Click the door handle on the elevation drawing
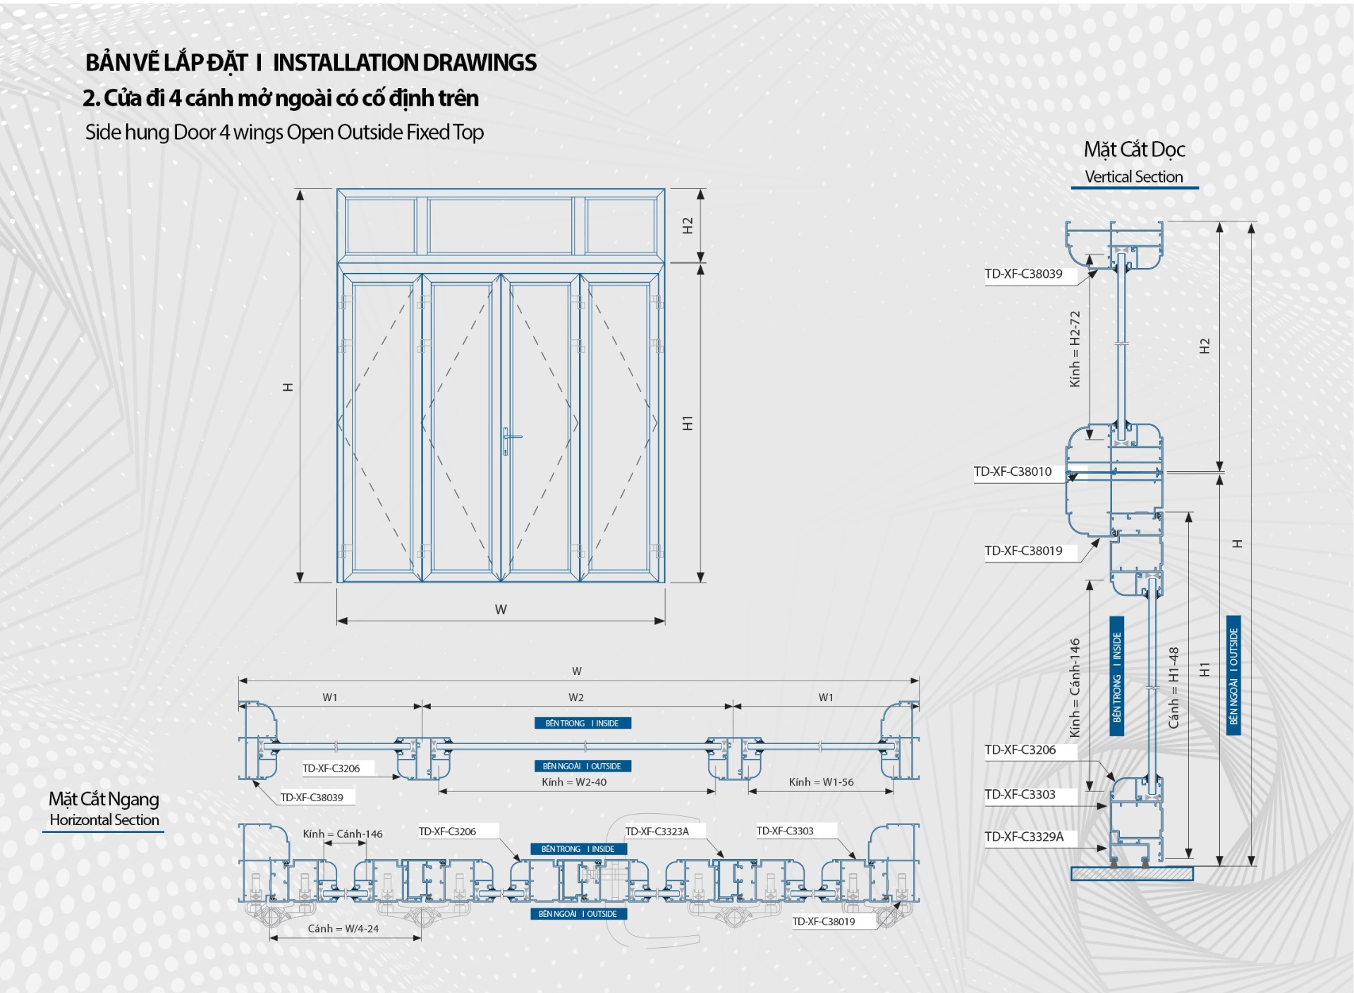(x=506, y=440)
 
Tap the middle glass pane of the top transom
(x=500, y=226)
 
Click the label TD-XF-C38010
(x=1012, y=472)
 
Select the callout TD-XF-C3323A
(x=657, y=831)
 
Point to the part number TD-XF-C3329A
(x=1024, y=837)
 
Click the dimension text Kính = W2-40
(x=574, y=782)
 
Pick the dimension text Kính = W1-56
(x=821, y=782)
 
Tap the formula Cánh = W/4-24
(x=343, y=929)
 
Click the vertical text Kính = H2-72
(x=1075, y=349)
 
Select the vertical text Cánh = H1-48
(x=1173, y=688)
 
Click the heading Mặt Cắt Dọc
(x=1134, y=150)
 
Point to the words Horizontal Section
(x=104, y=820)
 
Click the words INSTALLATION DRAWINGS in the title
(x=405, y=63)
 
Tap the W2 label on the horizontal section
(x=576, y=697)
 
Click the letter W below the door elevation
(x=501, y=609)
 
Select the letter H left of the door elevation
(x=288, y=387)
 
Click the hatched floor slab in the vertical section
(x=1132, y=874)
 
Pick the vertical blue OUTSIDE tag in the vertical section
(x=1233, y=676)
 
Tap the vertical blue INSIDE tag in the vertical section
(x=1117, y=676)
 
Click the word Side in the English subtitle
(x=104, y=133)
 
